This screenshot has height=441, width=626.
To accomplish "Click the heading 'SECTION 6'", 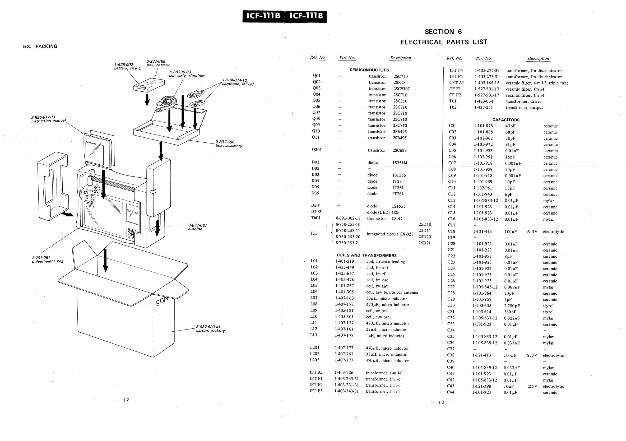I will [x=443, y=32].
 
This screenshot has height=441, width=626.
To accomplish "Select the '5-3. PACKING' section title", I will [x=40, y=46].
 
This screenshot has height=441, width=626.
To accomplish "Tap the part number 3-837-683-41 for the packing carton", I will [x=208, y=327].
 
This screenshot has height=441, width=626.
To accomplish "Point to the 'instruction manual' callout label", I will [x=49, y=121].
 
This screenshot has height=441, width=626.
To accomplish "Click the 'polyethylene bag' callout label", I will [x=48, y=261].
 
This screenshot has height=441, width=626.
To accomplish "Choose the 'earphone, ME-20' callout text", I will [x=238, y=84].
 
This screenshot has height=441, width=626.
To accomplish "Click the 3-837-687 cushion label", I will [x=197, y=225].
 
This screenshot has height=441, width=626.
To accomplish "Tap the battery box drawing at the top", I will [x=149, y=85].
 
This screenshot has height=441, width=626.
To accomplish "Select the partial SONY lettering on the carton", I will [x=161, y=301].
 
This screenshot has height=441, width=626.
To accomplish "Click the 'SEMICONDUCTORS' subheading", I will [x=369, y=70].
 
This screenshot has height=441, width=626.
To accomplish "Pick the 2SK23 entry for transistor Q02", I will [x=399, y=82].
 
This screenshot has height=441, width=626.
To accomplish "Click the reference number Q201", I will [x=317, y=150].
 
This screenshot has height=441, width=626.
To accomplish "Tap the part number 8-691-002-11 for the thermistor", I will [x=348, y=218].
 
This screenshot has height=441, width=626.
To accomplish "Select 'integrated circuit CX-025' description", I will [x=390, y=234].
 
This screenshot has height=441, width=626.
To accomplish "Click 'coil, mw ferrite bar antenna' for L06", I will [x=392, y=293].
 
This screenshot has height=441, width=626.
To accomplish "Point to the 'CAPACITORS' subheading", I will [x=506, y=120].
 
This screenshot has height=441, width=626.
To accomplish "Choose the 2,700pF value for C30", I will [x=512, y=306].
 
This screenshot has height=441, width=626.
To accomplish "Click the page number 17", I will [x=126, y=400].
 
